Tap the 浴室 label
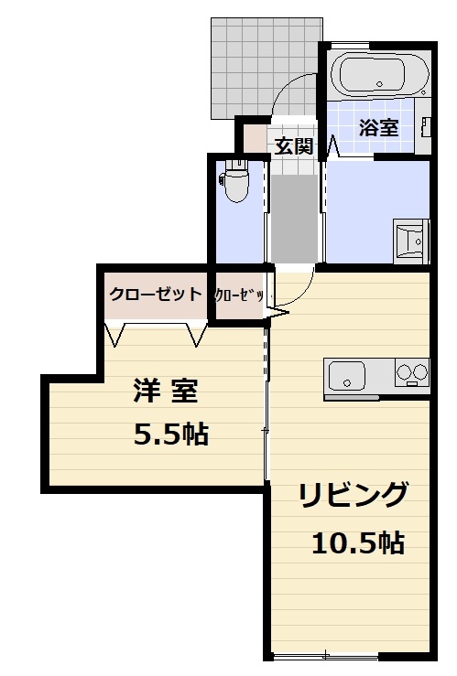378,128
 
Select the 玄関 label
294,145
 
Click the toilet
236,182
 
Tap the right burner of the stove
419,372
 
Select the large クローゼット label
155,295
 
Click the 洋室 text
165,392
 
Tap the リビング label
353,495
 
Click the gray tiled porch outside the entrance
244,64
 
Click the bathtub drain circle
378,85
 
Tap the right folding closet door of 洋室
198,334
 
